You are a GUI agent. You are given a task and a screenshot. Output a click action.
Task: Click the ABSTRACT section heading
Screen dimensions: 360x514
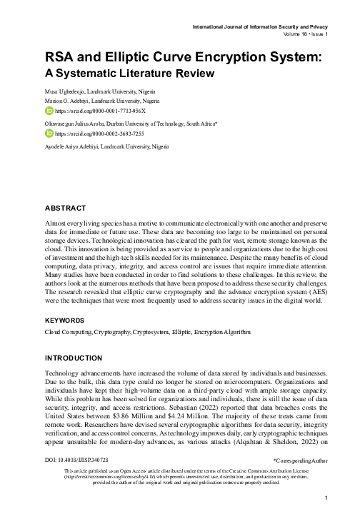point(66,208)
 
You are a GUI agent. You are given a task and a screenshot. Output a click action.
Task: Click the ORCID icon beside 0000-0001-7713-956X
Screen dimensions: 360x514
point(49,111)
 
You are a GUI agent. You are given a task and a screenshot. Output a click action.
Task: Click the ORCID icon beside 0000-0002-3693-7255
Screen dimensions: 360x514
point(49,133)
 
